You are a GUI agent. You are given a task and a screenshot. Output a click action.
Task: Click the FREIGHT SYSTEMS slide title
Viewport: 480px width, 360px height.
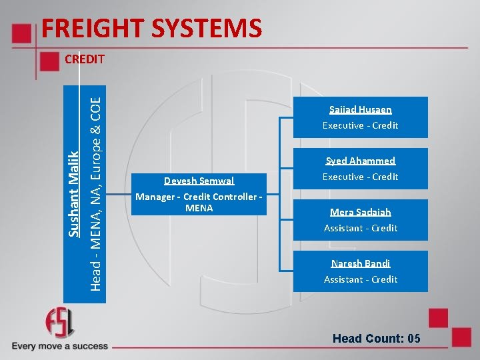151,29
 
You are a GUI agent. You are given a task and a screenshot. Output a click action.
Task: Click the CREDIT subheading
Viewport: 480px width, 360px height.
85,59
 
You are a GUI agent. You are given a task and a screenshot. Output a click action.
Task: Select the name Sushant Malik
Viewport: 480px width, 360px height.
74,193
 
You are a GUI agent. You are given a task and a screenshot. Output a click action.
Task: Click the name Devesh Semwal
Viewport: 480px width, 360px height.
199,181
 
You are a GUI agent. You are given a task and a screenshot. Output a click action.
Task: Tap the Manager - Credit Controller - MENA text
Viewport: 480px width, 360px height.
199,202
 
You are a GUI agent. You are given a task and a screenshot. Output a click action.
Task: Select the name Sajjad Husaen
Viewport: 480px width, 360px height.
360,109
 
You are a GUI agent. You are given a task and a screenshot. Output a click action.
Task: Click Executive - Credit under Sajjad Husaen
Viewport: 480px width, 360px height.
360,125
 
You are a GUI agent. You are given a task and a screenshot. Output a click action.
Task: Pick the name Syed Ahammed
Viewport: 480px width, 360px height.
360,161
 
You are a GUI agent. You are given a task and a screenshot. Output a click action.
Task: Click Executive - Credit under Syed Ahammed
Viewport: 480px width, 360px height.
360,177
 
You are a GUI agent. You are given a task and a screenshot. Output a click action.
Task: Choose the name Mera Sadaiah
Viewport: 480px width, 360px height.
360,212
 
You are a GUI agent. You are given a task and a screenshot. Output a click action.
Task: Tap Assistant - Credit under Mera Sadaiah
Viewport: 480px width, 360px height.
360,228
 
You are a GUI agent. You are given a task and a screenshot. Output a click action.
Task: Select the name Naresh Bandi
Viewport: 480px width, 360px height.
360,263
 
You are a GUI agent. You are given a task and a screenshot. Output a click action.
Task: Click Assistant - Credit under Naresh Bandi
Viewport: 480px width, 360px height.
360,279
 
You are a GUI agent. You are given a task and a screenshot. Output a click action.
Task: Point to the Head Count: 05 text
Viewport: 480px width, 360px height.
376,339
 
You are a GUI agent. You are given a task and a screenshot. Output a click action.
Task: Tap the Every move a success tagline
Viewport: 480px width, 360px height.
59,346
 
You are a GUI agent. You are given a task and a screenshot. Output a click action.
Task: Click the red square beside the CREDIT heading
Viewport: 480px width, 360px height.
49,61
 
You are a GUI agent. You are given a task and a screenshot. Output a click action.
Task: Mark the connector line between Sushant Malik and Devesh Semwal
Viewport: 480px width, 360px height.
119,194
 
